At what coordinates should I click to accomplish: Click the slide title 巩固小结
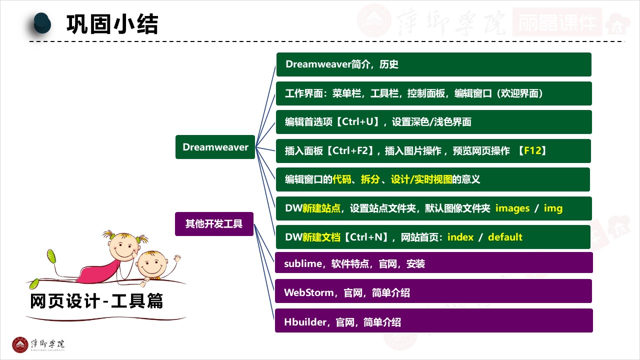(112, 24)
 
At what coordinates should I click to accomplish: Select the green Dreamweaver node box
(215, 147)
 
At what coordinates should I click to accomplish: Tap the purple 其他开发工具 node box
(214, 224)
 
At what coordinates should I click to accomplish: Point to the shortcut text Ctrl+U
(355, 122)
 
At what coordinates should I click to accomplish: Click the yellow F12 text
(532, 150)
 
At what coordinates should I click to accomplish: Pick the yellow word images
(512, 208)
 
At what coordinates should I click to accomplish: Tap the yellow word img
(553, 208)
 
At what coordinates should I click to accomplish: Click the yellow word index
(460, 237)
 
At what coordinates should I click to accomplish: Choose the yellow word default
(505, 237)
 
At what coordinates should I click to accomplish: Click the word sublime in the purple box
(303, 263)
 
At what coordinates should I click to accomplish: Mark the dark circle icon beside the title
(42, 23)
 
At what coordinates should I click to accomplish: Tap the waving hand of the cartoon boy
(177, 258)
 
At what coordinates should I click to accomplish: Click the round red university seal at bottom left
(20, 344)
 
